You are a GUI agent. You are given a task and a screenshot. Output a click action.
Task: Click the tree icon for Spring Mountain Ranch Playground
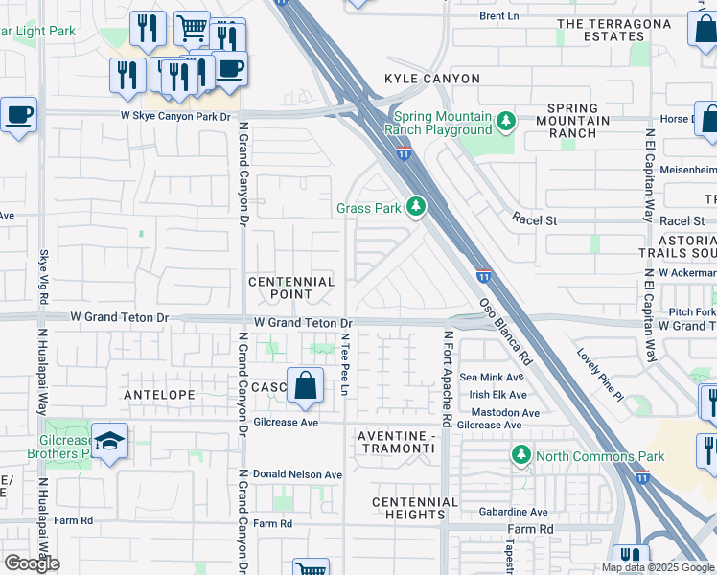tap(505, 123)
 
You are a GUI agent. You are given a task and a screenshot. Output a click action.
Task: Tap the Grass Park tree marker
tap(415, 207)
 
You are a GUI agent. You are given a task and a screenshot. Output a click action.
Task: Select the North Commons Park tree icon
tap(520, 455)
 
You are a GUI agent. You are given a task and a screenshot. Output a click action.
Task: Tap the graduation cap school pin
tap(110, 442)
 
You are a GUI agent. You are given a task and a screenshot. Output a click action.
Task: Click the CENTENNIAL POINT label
tap(291, 288)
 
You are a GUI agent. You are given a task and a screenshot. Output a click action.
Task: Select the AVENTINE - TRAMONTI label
tap(397, 444)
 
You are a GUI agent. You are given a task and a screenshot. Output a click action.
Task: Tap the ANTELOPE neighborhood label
tap(159, 394)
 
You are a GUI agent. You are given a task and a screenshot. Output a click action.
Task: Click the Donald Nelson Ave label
tap(297, 474)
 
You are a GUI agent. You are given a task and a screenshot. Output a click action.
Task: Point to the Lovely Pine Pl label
tap(600, 374)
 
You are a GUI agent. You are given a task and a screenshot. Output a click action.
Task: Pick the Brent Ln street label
tap(497, 16)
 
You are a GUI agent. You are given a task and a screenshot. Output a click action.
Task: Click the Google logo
tap(32, 563)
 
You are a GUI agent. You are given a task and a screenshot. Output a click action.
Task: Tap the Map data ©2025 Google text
tap(657, 567)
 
